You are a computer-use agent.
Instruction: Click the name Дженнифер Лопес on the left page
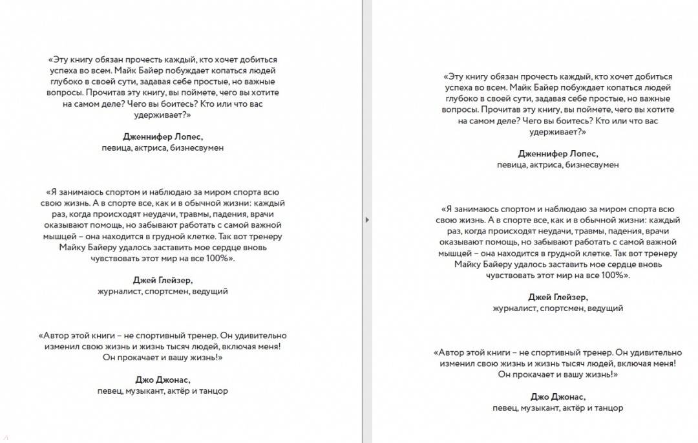pyautogui.click(x=162, y=136)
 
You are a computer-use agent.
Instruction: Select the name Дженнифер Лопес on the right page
pyautogui.click(x=558, y=154)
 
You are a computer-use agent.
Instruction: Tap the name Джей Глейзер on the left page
pyautogui.click(x=162, y=280)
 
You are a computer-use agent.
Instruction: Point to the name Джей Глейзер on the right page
pyautogui.click(x=558, y=297)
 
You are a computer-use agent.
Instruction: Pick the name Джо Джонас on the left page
pyautogui.click(x=162, y=380)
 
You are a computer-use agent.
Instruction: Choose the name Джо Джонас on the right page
pyautogui.click(x=558, y=397)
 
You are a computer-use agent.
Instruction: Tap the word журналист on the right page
pyautogui.click(x=513, y=308)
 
